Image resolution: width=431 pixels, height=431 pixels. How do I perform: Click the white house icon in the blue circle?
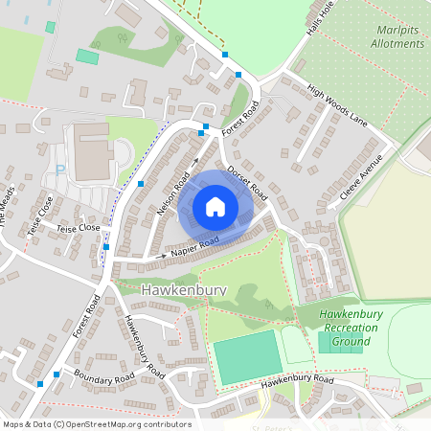point(215,207)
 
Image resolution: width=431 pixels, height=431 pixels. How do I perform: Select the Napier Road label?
point(195,246)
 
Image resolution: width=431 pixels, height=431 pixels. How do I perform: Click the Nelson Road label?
point(173,192)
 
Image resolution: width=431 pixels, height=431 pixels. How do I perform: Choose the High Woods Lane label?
point(337,106)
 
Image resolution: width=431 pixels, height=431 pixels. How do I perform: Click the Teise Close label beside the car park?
point(78,229)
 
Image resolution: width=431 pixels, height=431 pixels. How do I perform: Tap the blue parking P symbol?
point(60,170)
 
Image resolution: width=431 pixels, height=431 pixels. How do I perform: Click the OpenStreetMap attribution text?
point(97,424)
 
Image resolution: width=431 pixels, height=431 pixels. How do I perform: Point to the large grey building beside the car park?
point(93,152)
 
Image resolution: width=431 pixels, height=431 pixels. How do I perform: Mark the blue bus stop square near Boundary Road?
point(40,384)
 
